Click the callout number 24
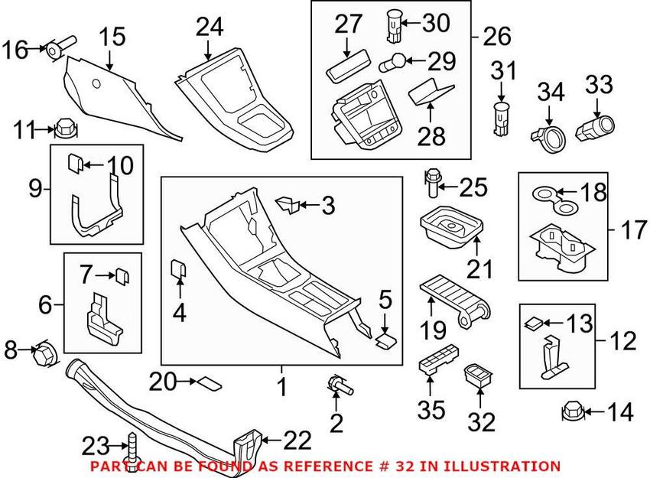coord(209,28)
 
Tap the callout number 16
coord(13,50)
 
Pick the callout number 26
coord(496,35)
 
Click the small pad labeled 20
coord(209,381)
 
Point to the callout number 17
coord(634,229)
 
